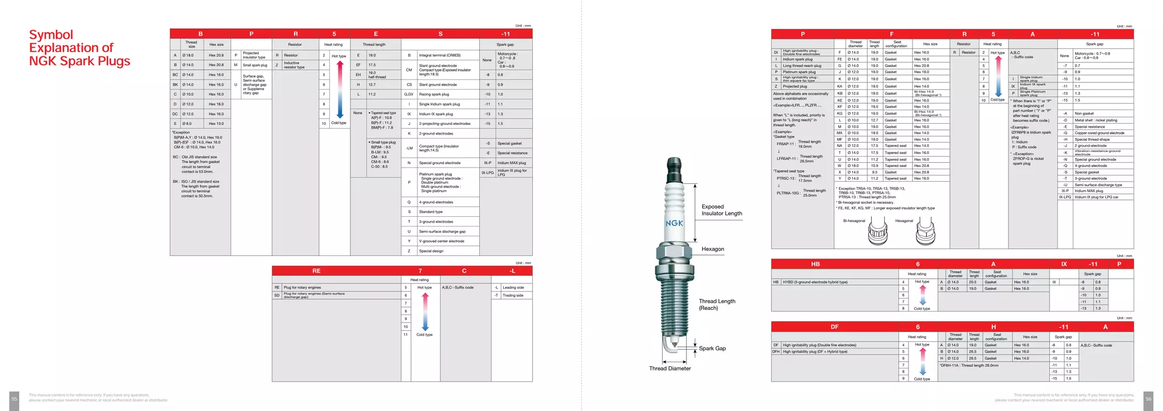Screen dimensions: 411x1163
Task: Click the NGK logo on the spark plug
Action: [x=674, y=223]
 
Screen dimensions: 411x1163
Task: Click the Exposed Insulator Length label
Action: [x=721, y=210]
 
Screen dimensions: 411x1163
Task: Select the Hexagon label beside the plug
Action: [x=713, y=249]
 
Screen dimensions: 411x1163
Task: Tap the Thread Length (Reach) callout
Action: [x=717, y=305]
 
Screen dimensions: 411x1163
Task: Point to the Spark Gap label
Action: [x=712, y=349]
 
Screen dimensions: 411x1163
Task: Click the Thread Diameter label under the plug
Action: [x=670, y=368]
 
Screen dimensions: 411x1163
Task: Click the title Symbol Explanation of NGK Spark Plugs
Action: [x=80, y=48]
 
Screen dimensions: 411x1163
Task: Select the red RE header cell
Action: [x=316, y=271]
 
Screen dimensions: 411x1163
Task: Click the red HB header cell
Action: [x=815, y=264]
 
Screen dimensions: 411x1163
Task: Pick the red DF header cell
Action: [x=834, y=327]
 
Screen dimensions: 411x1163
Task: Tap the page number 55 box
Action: [x=14, y=399]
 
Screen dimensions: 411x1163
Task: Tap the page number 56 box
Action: [x=1148, y=399]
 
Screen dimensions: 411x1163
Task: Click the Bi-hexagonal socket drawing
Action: [x=878, y=232]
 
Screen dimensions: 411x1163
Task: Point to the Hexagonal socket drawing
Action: [x=926, y=232]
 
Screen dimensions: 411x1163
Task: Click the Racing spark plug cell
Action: [x=434, y=94]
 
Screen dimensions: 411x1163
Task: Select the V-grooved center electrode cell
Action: [x=441, y=241]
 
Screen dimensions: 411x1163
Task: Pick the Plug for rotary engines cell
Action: [x=302, y=287]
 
